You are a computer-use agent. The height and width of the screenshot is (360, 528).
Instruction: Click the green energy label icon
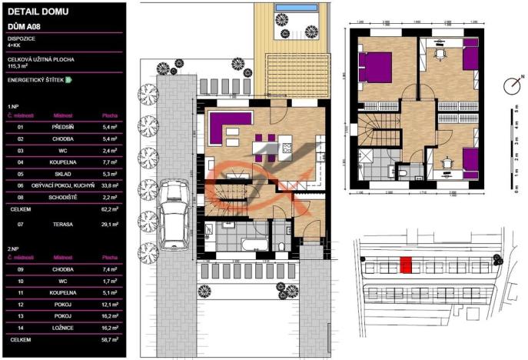(68, 79)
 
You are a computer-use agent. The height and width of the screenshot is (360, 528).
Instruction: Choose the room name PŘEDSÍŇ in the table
(63, 127)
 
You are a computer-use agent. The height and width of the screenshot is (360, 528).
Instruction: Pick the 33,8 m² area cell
(109, 185)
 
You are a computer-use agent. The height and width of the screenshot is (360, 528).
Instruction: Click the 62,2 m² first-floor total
(108, 208)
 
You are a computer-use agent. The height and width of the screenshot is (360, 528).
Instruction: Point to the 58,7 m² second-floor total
(108, 338)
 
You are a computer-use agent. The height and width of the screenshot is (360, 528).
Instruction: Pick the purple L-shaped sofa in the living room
(230, 125)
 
